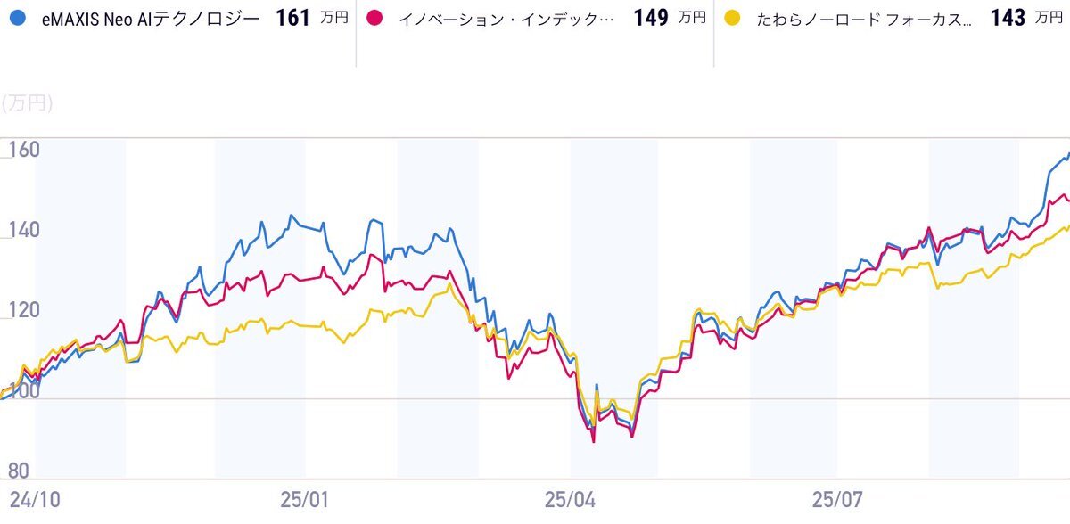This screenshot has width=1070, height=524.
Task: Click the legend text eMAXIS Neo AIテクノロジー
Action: (151, 19)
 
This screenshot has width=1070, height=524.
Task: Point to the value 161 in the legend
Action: (292, 19)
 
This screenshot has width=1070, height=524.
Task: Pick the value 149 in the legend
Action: (651, 19)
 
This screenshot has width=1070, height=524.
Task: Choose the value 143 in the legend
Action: (1008, 19)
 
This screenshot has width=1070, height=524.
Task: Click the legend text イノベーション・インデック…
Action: (505, 19)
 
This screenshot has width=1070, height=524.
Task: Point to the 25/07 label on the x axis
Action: (838, 499)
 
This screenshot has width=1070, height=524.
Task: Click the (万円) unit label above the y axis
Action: (27, 103)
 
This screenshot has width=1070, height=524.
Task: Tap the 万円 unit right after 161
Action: (335, 19)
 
